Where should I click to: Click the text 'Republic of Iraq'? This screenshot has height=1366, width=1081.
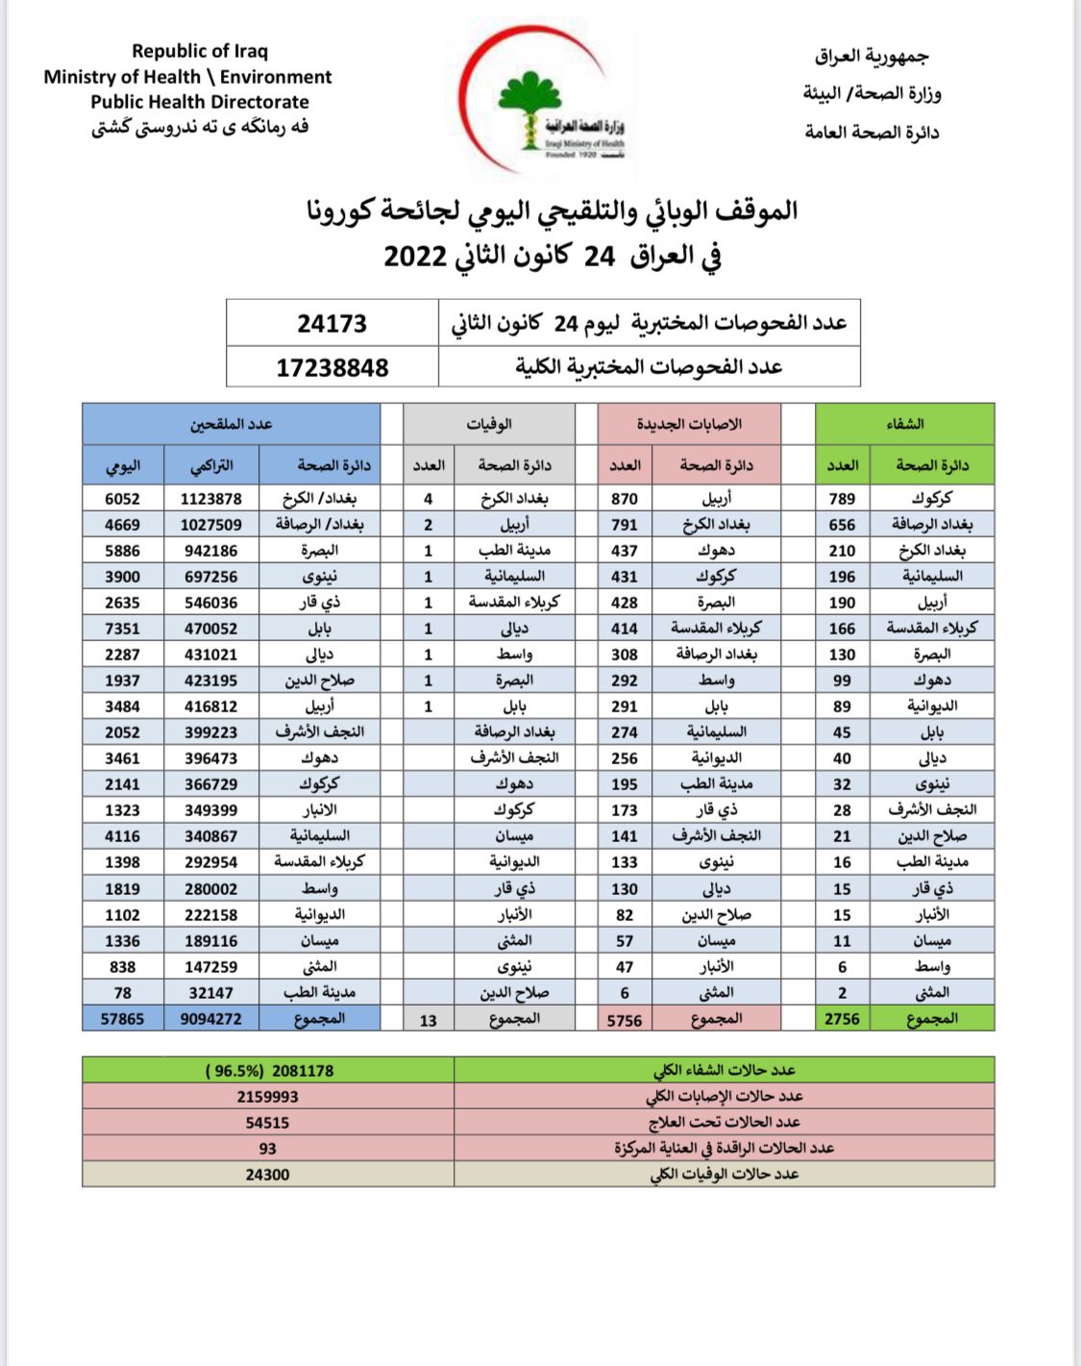coord(200,51)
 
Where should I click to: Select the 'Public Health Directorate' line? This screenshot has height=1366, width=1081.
coord(200,102)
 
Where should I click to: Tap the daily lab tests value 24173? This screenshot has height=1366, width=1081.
coord(332,323)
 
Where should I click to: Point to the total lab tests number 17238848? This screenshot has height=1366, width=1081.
coord(332,367)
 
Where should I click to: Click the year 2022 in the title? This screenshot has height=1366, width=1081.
coord(415,257)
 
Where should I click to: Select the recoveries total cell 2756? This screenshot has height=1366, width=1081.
coord(842,1019)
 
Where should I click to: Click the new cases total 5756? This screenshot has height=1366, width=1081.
coord(625,1020)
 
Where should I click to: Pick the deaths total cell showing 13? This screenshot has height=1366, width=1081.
coord(428,1020)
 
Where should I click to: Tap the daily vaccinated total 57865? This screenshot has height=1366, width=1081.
coord(122,1019)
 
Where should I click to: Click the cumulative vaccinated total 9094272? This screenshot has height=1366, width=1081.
coord(211,1019)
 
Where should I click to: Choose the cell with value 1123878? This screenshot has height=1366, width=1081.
coord(211,499)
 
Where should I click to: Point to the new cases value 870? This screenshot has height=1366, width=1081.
coord(625,499)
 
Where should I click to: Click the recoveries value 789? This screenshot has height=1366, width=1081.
coord(842,499)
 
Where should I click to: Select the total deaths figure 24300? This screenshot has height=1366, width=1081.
coord(267,1175)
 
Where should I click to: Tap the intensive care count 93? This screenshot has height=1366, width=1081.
coord(267,1149)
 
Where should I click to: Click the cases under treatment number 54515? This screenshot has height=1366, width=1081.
coord(267,1123)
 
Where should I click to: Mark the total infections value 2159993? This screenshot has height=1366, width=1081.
coord(267,1097)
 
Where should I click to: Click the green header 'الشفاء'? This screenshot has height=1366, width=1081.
coord(904,424)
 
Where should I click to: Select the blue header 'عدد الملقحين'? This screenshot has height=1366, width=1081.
coord(231,424)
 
